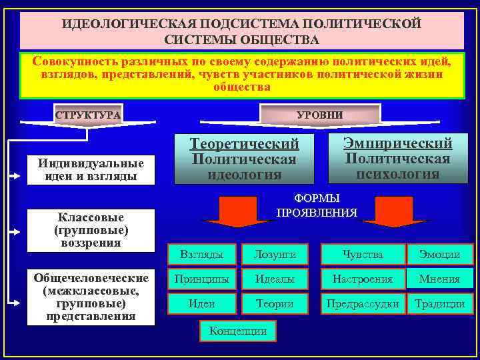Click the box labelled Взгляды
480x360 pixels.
(202, 254)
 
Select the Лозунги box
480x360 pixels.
(275, 254)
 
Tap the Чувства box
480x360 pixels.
(363, 254)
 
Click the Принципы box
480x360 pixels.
(202, 279)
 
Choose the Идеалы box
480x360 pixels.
(275, 279)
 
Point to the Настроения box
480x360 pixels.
(363, 279)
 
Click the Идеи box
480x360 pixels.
(202, 304)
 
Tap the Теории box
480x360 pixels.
(275, 304)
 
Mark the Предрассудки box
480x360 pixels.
(363, 304)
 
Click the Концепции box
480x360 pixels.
(237, 330)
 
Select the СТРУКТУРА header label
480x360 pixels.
(88, 115)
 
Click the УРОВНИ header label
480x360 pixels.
(319, 115)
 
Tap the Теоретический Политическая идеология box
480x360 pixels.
(244, 159)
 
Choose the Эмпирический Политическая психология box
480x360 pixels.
(397, 158)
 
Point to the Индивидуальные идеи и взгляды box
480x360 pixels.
(91, 170)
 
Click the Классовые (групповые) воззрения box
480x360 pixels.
(91, 230)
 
